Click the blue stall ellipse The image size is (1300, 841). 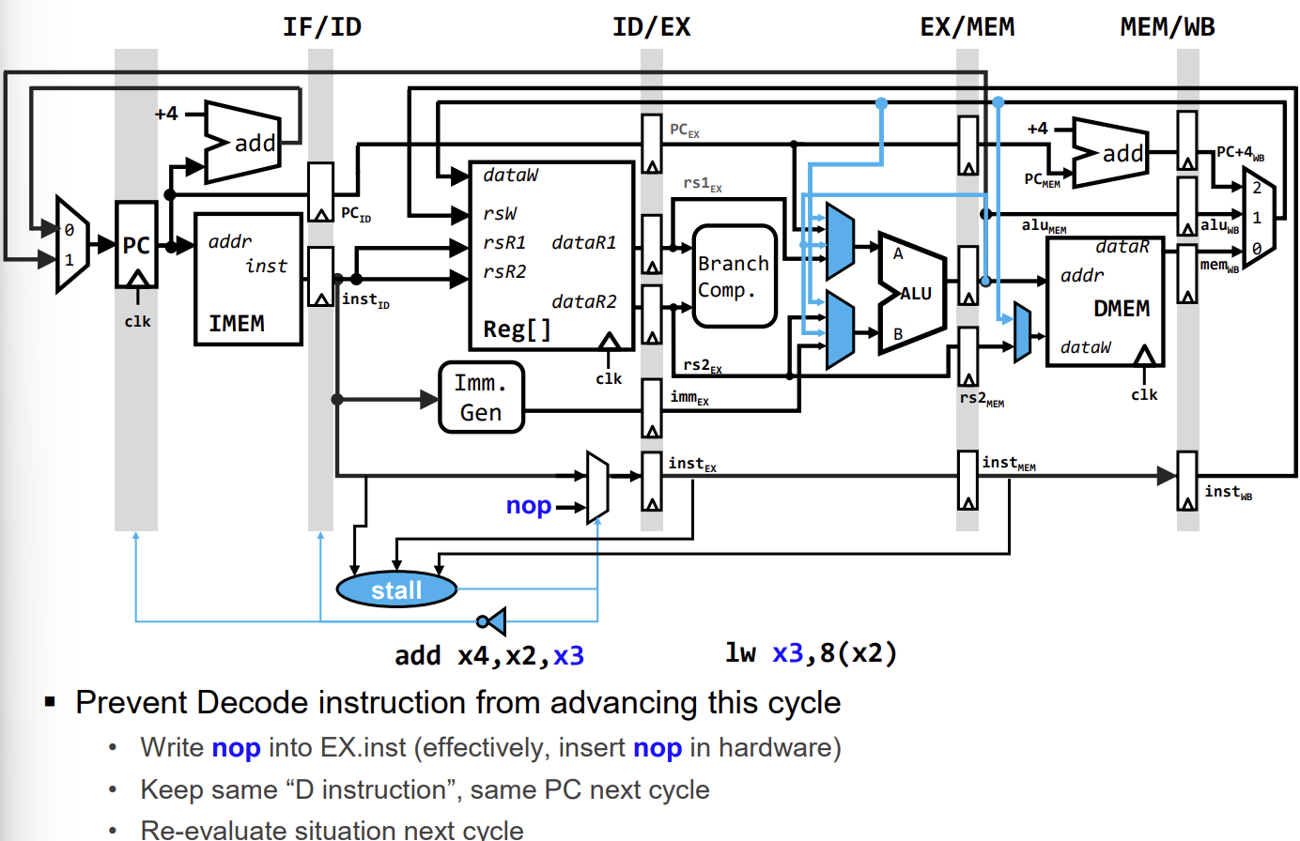click(396, 590)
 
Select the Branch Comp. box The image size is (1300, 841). click(734, 277)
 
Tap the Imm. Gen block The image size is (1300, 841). click(481, 397)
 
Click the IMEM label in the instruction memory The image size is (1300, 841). click(237, 324)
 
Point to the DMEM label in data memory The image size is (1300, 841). click(1121, 309)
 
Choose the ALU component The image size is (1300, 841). click(910, 293)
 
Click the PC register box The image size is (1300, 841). click(136, 245)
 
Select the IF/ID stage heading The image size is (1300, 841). click(321, 26)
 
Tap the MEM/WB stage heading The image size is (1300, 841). click(1167, 26)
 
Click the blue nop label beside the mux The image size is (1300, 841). click(528, 506)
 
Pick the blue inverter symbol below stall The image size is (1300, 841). click(492, 620)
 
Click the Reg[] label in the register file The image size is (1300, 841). click(517, 329)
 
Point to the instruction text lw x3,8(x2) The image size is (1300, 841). click(811, 653)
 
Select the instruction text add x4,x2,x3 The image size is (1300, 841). click(488, 655)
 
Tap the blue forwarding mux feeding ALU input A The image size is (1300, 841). click(839, 242)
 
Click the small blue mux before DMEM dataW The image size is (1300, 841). click(1022, 333)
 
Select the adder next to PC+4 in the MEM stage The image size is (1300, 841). click(1110, 152)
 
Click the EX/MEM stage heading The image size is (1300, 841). click(967, 26)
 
